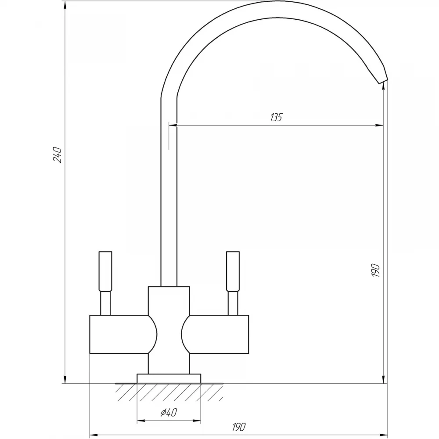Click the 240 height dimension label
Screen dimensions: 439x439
pos(57,155)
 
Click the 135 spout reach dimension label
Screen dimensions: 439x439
pos(276,117)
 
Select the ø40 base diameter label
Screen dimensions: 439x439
pos(169,412)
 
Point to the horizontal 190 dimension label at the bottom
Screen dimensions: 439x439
pos(238,427)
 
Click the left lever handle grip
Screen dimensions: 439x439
pos(105,271)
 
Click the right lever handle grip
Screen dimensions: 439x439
pos(233,271)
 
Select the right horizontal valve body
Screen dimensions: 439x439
pos(215,334)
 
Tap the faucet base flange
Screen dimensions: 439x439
pos(169,378)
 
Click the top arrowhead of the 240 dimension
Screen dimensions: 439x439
pos(65,6)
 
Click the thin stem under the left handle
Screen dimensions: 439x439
pos(105,303)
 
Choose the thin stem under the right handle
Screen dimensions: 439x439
pos(233,303)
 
